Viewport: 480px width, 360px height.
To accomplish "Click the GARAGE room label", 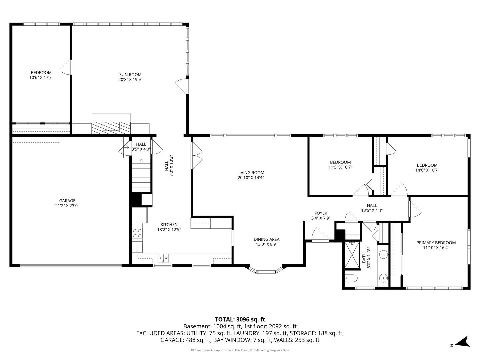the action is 67,200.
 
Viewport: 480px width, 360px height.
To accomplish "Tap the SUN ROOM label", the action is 130,75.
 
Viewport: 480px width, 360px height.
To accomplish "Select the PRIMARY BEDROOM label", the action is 436,243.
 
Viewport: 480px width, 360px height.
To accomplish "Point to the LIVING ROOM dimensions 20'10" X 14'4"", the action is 251,178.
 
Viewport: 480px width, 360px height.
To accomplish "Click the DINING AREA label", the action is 267,239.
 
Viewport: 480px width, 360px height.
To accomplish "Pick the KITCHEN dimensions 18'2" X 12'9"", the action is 169,230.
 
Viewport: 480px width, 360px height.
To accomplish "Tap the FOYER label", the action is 321,213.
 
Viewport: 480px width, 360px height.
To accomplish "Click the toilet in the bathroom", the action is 351,278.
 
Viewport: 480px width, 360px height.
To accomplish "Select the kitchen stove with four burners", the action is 137,233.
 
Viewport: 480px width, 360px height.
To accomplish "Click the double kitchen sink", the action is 163,258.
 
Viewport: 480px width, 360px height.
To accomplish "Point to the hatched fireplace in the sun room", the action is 111,128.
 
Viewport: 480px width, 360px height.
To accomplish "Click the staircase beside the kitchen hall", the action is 141,175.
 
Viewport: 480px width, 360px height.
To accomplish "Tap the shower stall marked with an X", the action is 352,255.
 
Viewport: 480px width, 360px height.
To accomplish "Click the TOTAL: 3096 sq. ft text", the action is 240,319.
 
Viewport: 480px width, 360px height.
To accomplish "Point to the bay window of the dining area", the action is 265,270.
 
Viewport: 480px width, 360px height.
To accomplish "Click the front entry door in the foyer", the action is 320,235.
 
